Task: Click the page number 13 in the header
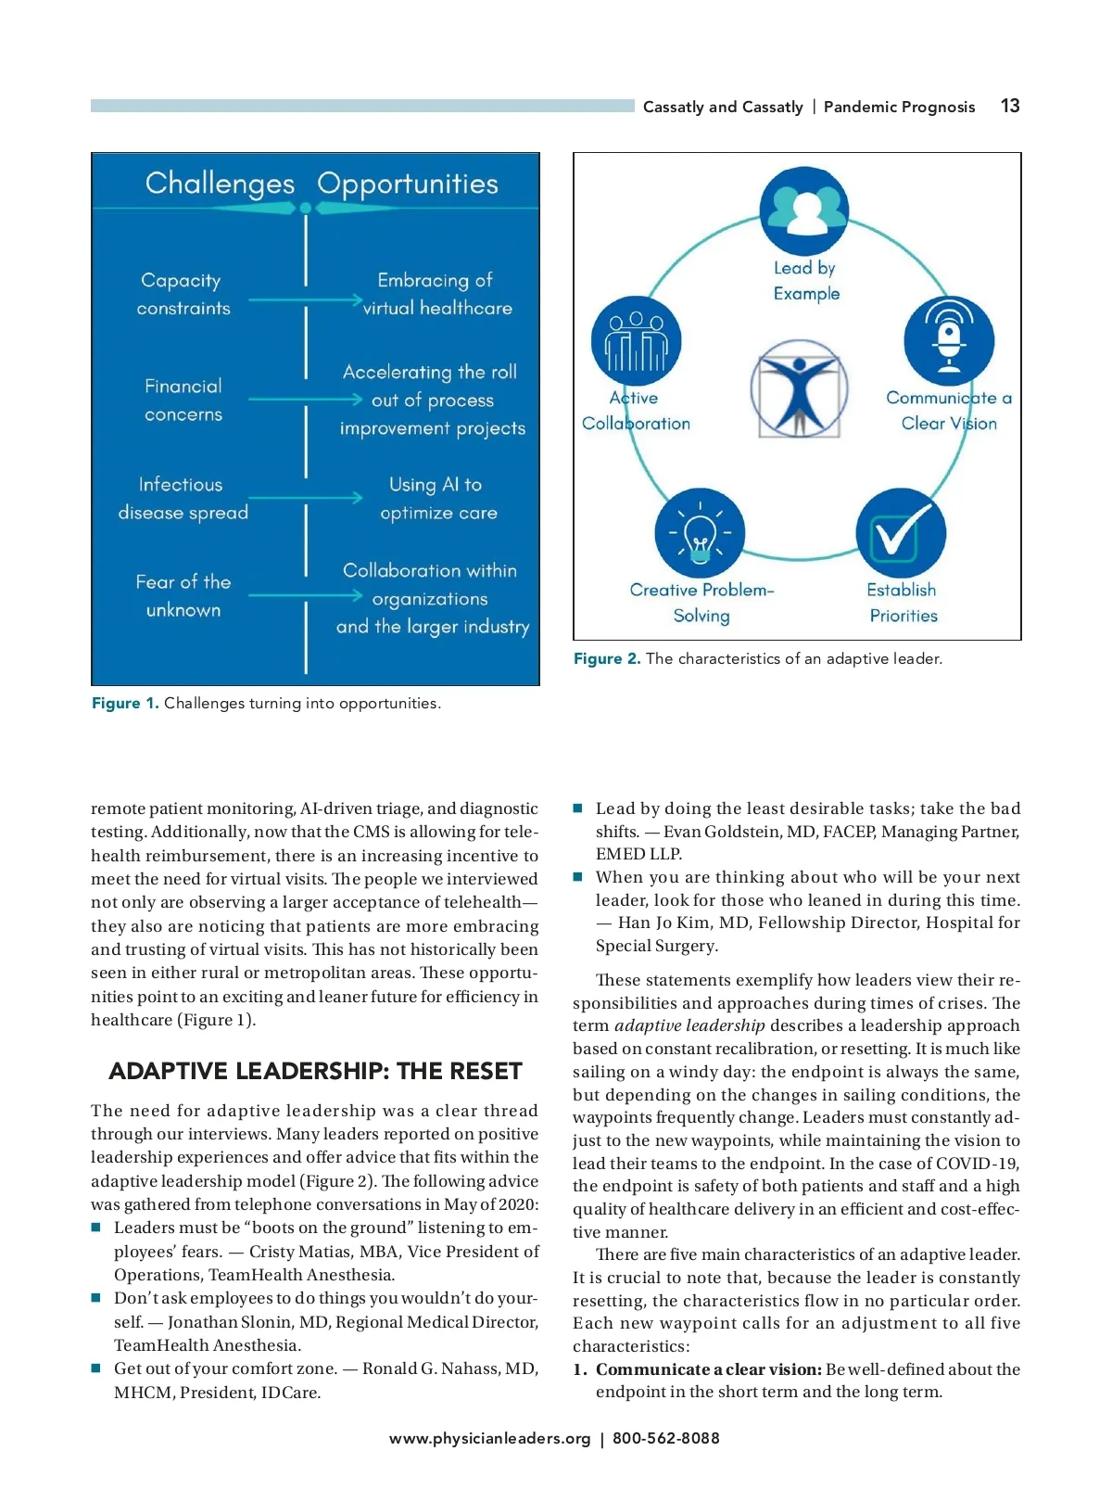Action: click(1010, 106)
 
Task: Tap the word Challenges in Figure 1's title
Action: click(220, 184)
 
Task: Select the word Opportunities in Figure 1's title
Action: click(408, 184)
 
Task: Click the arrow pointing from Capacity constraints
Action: click(306, 300)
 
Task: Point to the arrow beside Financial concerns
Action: click(306, 400)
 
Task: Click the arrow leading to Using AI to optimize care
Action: click(306, 498)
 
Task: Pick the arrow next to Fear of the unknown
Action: click(306, 595)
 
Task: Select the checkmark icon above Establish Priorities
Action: click(900, 532)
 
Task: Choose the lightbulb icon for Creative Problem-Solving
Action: click(701, 533)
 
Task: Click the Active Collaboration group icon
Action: click(636, 340)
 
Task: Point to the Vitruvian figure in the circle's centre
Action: click(799, 388)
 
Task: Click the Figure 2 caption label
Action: click(607, 658)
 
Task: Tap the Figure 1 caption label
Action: click(125, 703)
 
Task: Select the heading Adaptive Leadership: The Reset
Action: click(315, 1071)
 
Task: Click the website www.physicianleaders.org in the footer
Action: click(489, 1438)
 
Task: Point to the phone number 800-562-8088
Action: click(665, 1438)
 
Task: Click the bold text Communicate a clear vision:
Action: click(709, 1368)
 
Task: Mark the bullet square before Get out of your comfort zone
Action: click(95, 1368)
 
